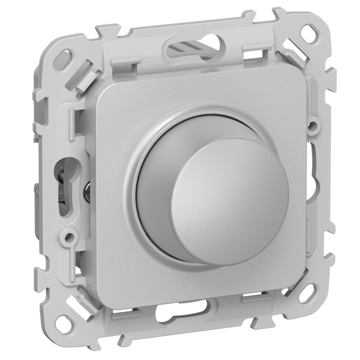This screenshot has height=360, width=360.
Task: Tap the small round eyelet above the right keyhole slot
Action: (313, 127)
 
